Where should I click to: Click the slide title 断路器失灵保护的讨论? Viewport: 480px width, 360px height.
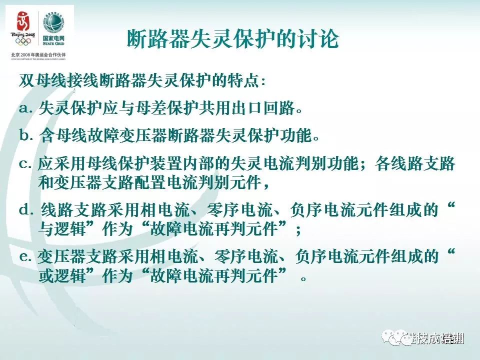pyautogui.click(x=233, y=38)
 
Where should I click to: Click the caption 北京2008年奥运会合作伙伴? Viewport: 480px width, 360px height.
pyautogui.click(x=37, y=54)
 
